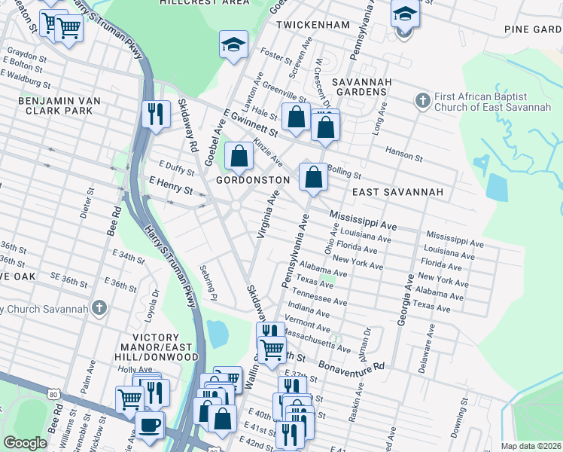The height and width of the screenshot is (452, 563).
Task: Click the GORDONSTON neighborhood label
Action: coord(253,181)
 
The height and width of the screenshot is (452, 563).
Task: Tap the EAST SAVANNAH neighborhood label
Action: coord(397,193)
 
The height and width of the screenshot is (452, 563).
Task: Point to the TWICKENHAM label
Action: coord(312,25)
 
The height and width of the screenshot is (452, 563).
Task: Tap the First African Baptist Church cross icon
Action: coord(421,100)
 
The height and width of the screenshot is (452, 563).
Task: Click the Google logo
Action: coord(25,443)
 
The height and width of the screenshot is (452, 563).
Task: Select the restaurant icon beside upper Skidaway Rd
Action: coord(155,114)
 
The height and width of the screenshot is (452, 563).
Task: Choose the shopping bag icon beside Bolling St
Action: coord(314,177)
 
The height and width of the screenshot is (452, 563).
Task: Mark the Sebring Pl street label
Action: coord(208,281)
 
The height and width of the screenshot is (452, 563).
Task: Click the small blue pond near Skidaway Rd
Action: coord(217,333)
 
